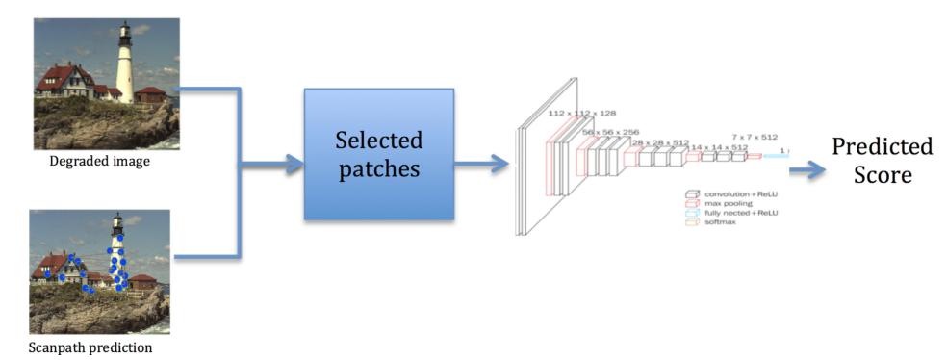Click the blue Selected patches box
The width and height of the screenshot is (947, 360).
click(378, 153)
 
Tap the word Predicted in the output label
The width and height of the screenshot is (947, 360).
click(882, 147)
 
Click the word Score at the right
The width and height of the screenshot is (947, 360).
click(882, 176)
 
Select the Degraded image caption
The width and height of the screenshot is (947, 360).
click(100, 162)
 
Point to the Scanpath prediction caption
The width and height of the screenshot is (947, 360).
click(90, 347)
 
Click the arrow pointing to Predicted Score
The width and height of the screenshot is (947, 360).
click(806, 169)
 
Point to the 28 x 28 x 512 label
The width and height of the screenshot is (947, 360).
click(660, 142)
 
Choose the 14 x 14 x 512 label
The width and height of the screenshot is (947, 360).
click(720, 147)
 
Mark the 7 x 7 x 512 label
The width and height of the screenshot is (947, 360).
click(755, 137)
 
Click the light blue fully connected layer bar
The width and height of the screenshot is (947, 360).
click(776, 155)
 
